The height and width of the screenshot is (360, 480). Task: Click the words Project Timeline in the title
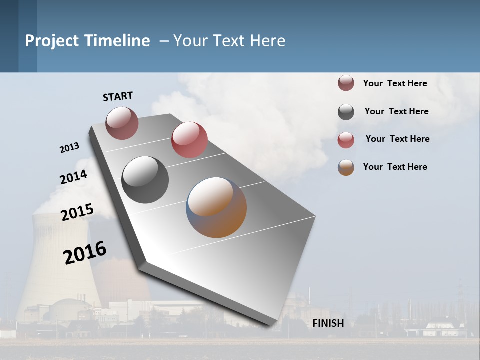click(x=87, y=41)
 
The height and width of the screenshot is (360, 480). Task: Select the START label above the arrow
click(x=118, y=96)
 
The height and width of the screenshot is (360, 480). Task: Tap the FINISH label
click(x=328, y=323)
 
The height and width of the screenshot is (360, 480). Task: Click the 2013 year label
click(x=70, y=148)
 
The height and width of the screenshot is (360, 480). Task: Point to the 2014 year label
click(x=74, y=177)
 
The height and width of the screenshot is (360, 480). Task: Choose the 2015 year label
click(x=77, y=212)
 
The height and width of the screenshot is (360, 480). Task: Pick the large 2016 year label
click(x=85, y=252)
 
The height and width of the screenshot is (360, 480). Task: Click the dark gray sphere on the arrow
click(x=145, y=180)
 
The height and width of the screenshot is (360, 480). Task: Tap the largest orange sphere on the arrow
click(x=216, y=207)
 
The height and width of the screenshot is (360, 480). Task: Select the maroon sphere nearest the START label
click(x=122, y=123)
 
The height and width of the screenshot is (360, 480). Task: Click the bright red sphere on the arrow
click(x=189, y=140)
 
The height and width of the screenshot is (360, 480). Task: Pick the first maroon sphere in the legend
click(x=346, y=83)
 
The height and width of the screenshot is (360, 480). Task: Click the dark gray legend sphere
click(x=346, y=112)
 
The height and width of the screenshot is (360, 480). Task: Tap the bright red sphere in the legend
click(x=346, y=140)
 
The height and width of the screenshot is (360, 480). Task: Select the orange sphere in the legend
click(x=346, y=167)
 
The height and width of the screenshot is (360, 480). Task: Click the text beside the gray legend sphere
click(x=396, y=111)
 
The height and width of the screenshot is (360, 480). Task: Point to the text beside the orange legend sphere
click(x=395, y=167)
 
